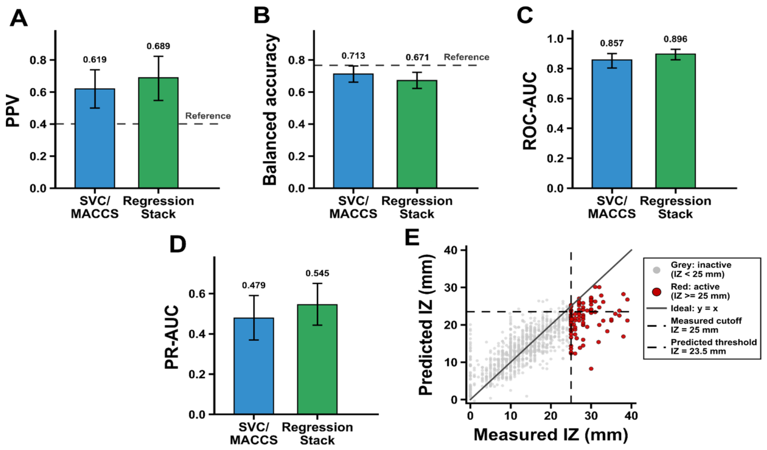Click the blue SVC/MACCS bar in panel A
coord(95,139)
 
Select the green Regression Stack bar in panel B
coord(417,134)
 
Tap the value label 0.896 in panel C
coord(675,39)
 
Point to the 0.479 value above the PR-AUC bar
coord(254,285)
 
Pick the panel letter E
coord(412,237)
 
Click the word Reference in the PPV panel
coord(208,116)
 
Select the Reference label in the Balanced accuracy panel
coord(466,57)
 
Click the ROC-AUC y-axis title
coord(530,111)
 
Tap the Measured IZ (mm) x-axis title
coord(551,434)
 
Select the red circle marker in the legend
coord(656,292)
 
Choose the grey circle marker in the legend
coord(656,270)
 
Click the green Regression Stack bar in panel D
coord(318,359)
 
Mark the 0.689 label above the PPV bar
coord(158,46)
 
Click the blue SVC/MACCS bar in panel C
coord(612,124)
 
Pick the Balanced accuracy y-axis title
coord(271,110)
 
